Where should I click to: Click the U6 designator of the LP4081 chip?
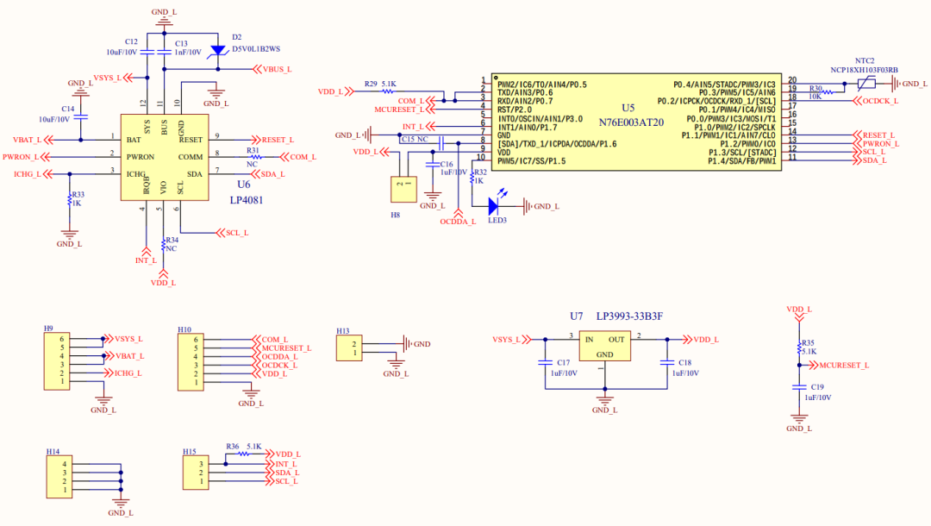243,184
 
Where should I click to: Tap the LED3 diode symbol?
494,206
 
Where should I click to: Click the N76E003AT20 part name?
633,122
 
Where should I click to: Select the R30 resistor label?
815,88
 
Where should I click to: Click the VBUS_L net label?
277,69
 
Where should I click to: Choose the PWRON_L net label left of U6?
22,157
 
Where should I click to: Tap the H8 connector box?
402,188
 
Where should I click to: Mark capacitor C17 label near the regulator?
563,363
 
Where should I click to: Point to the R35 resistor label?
808,342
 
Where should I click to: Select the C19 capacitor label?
817,388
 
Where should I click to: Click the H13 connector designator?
343,330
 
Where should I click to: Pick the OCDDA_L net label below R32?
458,222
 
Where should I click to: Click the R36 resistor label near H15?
232,446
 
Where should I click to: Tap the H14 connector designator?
53,451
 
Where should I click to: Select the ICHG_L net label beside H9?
128,373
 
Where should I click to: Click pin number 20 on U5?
792,80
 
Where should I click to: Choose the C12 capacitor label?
131,41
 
